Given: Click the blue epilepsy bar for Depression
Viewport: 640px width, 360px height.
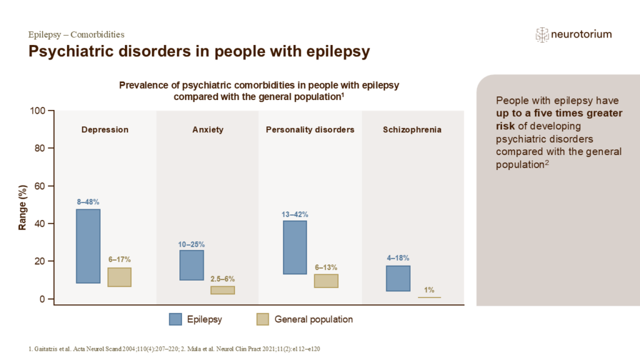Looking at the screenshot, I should [x=88, y=246].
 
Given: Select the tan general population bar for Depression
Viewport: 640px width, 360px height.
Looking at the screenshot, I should [x=119, y=277].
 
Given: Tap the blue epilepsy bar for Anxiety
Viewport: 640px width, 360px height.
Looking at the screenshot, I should [x=191, y=265].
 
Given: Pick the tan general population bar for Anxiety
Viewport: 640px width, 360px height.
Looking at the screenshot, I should [x=222, y=290].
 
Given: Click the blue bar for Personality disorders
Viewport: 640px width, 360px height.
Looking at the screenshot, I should [x=294, y=247].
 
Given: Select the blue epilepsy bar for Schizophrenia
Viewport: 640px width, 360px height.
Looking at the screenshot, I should [x=398, y=278].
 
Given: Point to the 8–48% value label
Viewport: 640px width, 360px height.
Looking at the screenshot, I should [x=88, y=202].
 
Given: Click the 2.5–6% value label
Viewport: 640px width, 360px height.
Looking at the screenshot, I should [x=222, y=279].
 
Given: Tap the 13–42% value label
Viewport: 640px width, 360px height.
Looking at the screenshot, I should [x=294, y=214].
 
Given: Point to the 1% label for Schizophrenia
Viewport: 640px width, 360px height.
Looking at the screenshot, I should [x=429, y=289].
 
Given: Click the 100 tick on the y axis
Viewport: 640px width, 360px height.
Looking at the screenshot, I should [x=39, y=111].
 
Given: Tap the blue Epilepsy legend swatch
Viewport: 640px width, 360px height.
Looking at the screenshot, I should [x=176, y=319].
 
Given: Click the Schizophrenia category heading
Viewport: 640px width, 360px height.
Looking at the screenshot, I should [x=412, y=130].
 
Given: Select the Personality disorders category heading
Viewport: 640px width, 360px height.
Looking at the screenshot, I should [x=310, y=130].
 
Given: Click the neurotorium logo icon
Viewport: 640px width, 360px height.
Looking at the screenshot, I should [x=542, y=35].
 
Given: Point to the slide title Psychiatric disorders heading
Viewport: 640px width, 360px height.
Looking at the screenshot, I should [x=199, y=52].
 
